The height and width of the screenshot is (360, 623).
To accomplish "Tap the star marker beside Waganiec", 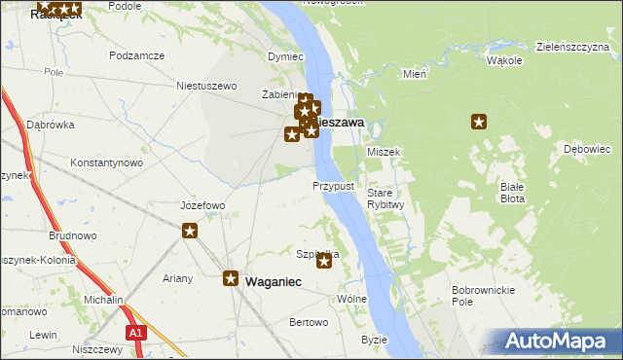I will pos(231,279).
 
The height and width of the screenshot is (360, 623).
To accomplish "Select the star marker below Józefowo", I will pos(190,231).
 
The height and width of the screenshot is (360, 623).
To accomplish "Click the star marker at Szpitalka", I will pos(325,261).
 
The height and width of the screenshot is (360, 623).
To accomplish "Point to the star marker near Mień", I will pos(479,122).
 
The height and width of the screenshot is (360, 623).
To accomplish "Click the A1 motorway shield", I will pos(135,334).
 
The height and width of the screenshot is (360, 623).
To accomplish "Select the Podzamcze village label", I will pos(136,56).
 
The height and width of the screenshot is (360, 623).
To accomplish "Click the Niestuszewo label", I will pos(206,86).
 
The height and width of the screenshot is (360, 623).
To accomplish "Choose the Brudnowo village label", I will pos(72,235).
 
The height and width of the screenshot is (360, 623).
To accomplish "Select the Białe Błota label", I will pos(511,192).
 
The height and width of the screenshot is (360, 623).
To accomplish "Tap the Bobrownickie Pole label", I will pos(476,296).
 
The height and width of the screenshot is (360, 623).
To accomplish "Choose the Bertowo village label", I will pos(310,322).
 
